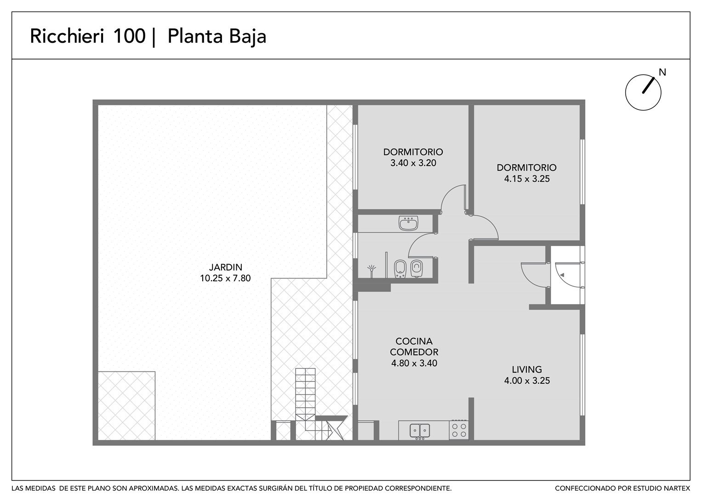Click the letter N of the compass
[662, 73]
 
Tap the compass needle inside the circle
[648, 86]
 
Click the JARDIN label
[226, 267]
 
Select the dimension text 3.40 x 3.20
[413, 163]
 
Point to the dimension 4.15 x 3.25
[527, 179]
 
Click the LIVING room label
[527, 370]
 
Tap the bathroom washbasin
[408, 223]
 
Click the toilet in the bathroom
[417, 269]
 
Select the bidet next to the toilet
[400, 269]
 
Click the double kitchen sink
[420, 431]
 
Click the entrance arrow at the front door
[562, 275]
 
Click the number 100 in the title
[130, 36]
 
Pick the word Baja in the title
[248, 37]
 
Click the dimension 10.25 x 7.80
[225, 278]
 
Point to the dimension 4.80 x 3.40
[414, 364]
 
